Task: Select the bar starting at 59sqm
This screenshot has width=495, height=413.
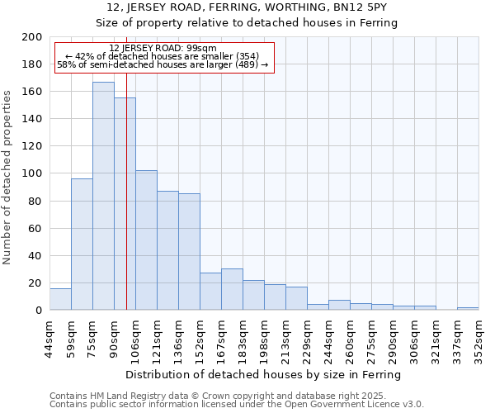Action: tap(82, 244)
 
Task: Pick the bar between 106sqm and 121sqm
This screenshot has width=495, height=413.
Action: tap(146, 240)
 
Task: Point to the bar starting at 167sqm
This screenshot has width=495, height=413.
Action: tap(232, 289)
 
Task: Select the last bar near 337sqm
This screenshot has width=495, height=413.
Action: tap(468, 308)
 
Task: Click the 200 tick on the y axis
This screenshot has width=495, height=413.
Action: tap(32, 37)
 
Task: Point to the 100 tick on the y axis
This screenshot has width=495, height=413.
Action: tap(32, 173)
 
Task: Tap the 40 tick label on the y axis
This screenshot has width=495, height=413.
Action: tap(35, 255)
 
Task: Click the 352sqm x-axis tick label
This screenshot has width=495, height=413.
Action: tap(478, 338)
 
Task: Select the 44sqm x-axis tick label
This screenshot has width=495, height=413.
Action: tap(49, 338)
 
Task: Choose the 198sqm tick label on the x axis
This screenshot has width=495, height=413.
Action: tap(264, 338)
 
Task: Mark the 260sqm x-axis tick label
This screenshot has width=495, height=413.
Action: tap(350, 338)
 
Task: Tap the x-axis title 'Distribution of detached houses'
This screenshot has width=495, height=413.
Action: tap(264, 374)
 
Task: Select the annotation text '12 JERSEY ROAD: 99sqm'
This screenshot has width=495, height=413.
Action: tap(163, 49)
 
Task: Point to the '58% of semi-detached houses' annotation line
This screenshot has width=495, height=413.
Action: tap(163, 64)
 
